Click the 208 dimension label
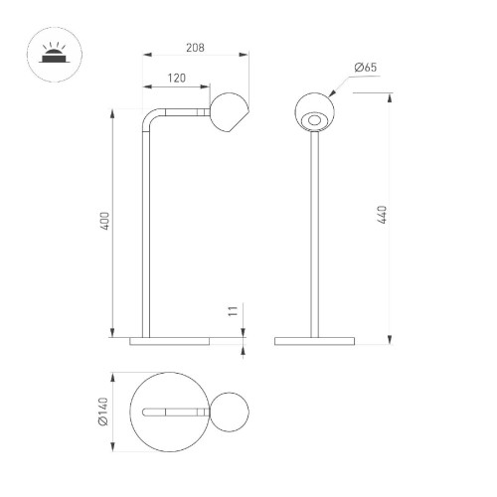pos(195,48)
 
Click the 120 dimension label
pos(176,78)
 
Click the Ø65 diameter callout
pos(365,68)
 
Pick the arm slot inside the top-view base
pos(173,412)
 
